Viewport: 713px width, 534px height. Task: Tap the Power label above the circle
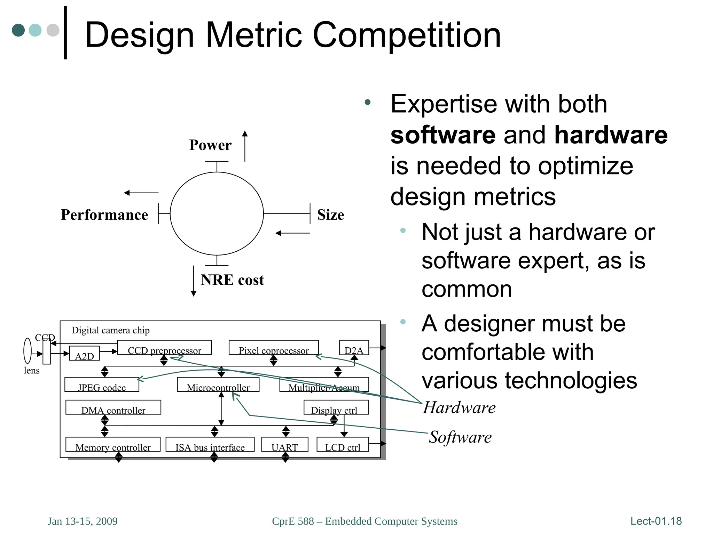tap(210, 145)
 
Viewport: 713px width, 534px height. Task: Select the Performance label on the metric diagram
tap(104, 215)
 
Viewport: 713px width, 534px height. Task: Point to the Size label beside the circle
tap(330, 215)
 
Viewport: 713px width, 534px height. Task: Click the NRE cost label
tap(232, 280)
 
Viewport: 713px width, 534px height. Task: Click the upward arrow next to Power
tap(245, 146)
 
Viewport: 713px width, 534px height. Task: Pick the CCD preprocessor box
tap(164, 348)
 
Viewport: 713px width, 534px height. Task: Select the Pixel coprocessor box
tap(274, 348)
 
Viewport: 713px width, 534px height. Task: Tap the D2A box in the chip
tap(354, 348)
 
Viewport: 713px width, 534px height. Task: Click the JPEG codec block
tap(102, 385)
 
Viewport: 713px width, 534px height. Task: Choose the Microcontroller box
tap(218, 385)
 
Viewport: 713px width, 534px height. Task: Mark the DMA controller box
tap(113, 407)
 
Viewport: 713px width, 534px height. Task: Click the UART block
tap(284, 445)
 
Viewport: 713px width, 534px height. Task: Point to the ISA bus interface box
tap(210, 445)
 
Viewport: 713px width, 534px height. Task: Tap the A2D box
tap(84, 354)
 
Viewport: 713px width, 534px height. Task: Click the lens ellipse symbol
tap(28, 351)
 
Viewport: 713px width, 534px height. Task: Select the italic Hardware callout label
tap(459, 407)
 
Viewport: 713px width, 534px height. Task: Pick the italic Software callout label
tap(460, 437)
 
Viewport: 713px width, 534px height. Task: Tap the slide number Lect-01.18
tap(656, 521)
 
